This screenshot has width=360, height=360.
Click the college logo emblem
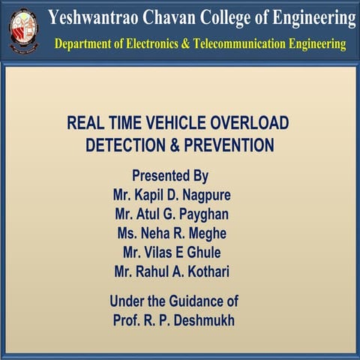pos(23,30)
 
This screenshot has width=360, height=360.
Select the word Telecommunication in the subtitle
pos(238,44)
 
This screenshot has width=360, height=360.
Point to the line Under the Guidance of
pos(174,301)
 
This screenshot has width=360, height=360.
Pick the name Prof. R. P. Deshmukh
pos(174,320)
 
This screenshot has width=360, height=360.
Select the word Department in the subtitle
pos(85,44)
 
